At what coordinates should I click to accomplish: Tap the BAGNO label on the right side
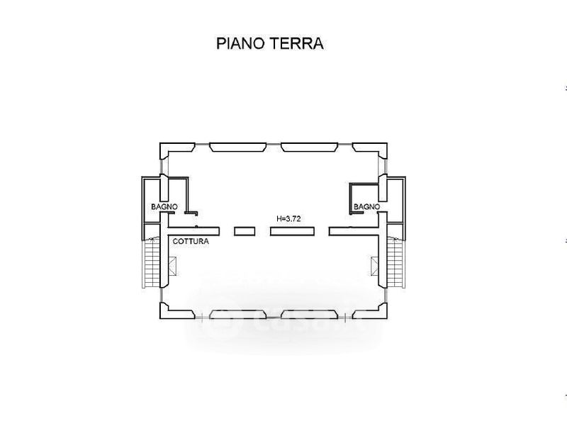point(367,206)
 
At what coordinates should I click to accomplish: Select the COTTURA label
point(191,242)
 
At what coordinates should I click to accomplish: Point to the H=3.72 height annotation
point(289,219)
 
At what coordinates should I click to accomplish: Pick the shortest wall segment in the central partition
point(244,230)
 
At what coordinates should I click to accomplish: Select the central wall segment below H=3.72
point(288,230)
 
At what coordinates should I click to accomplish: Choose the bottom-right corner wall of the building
point(373,309)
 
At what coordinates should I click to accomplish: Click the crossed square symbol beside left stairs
point(173,266)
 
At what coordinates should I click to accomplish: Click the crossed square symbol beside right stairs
point(374,266)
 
